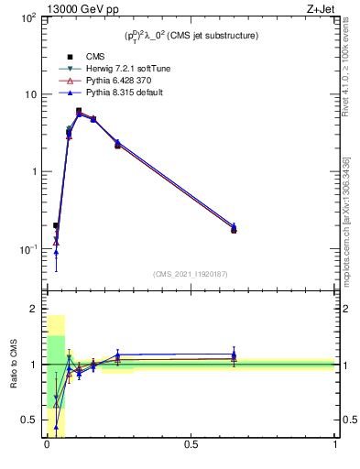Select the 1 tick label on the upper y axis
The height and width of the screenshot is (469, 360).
(34, 172)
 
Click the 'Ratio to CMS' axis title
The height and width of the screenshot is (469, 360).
(14, 365)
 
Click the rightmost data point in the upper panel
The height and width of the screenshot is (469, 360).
(234, 229)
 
